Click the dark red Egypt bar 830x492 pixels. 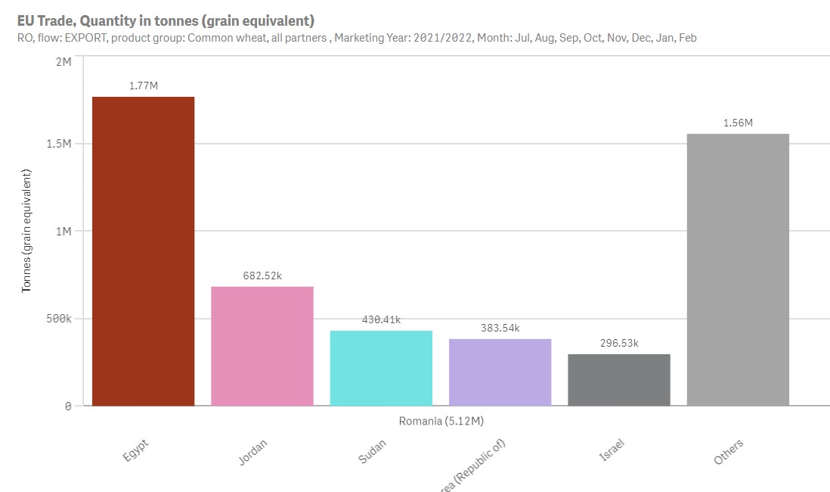(x=143, y=251)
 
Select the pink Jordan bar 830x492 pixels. (x=262, y=346)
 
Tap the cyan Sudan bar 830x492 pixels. (x=381, y=368)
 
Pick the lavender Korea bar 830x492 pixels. (x=500, y=372)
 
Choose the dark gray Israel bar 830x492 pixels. (x=618, y=380)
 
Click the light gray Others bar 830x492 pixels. (x=738, y=269)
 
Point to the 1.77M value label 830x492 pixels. (x=143, y=86)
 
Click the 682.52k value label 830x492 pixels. (x=262, y=276)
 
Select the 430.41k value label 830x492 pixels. (x=381, y=319)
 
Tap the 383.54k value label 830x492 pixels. (x=500, y=328)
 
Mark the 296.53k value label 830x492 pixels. (x=618, y=343)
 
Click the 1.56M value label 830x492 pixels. (x=738, y=123)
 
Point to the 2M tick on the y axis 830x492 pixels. (x=63, y=61)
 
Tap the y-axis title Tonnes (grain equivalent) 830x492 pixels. (x=26, y=232)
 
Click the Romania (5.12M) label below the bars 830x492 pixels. (x=441, y=420)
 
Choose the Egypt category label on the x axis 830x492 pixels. (x=136, y=451)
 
